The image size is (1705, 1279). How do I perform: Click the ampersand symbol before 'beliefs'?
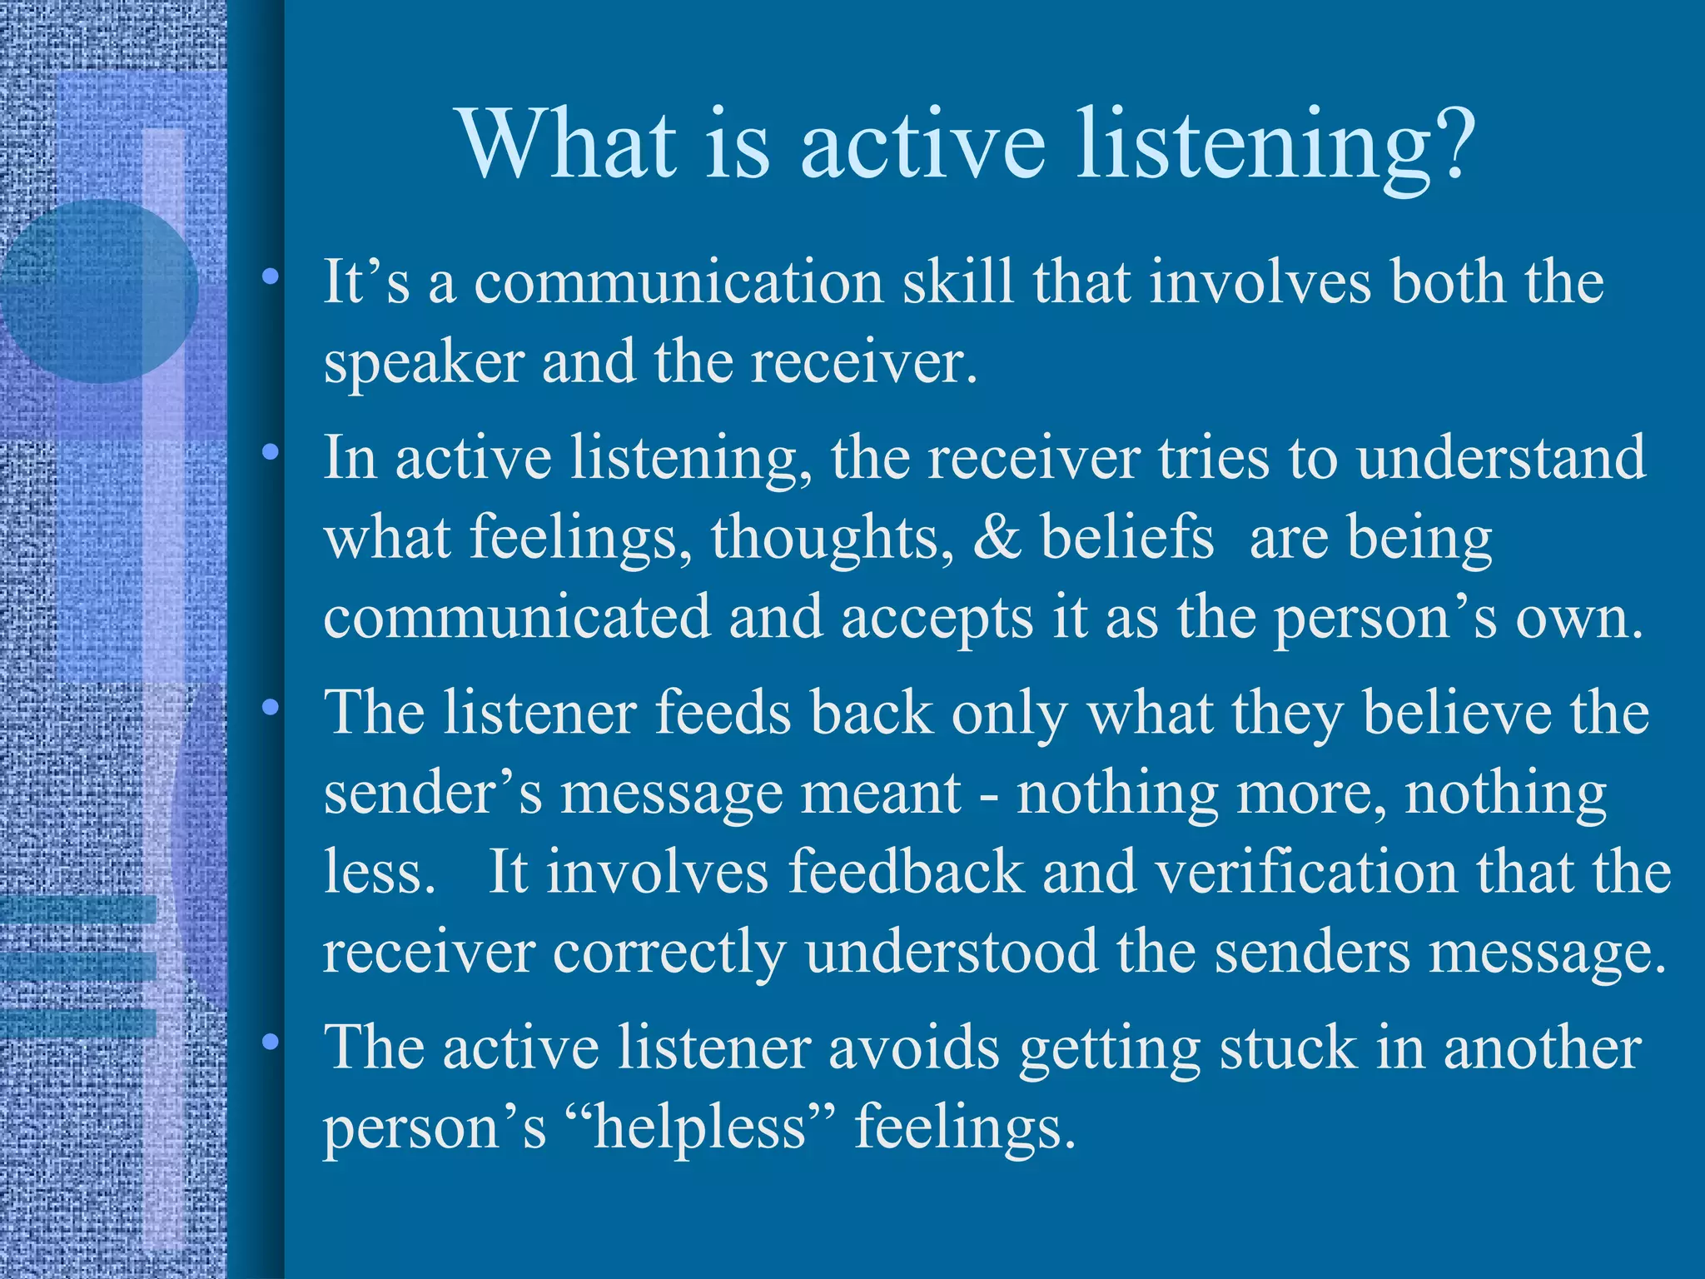pyautogui.click(x=997, y=537)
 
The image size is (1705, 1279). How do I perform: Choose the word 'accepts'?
pyautogui.click(x=937, y=618)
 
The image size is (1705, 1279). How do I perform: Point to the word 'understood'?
pyautogui.click(x=952, y=951)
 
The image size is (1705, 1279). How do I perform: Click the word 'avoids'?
pyautogui.click(x=913, y=1048)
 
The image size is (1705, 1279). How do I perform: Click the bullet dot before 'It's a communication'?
pyautogui.click(x=269, y=278)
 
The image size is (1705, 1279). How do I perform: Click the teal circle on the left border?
pyautogui.click(x=99, y=291)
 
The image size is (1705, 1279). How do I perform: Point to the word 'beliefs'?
pyautogui.click(x=1127, y=537)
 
